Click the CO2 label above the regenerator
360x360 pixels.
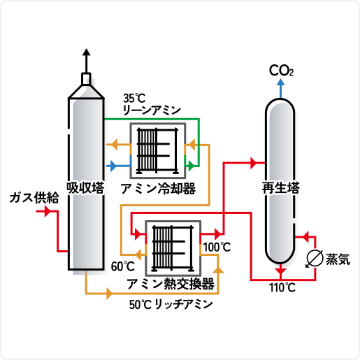click(281, 71)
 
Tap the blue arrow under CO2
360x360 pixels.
click(281, 88)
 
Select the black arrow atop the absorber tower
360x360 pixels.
click(87, 61)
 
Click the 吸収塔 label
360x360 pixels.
click(85, 188)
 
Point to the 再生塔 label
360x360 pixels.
click(280, 188)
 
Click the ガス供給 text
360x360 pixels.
click(34, 198)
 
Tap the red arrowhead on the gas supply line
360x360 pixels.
click(48, 212)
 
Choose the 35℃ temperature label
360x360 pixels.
click(134, 99)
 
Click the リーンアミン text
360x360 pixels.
click(152, 110)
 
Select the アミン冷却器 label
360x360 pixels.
click(158, 189)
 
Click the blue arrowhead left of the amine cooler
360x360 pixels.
click(113, 166)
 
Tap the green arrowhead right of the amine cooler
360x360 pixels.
click(191, 166)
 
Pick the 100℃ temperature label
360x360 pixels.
click(217, 247)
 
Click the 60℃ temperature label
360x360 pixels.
click(123, 266)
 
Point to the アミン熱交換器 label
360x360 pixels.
click(171, 284)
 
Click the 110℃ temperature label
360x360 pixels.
click(282, 288)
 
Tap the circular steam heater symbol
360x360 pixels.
click(315, 259)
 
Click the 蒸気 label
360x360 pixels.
click(338, 259)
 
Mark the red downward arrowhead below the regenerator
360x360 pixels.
click(281, 271)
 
